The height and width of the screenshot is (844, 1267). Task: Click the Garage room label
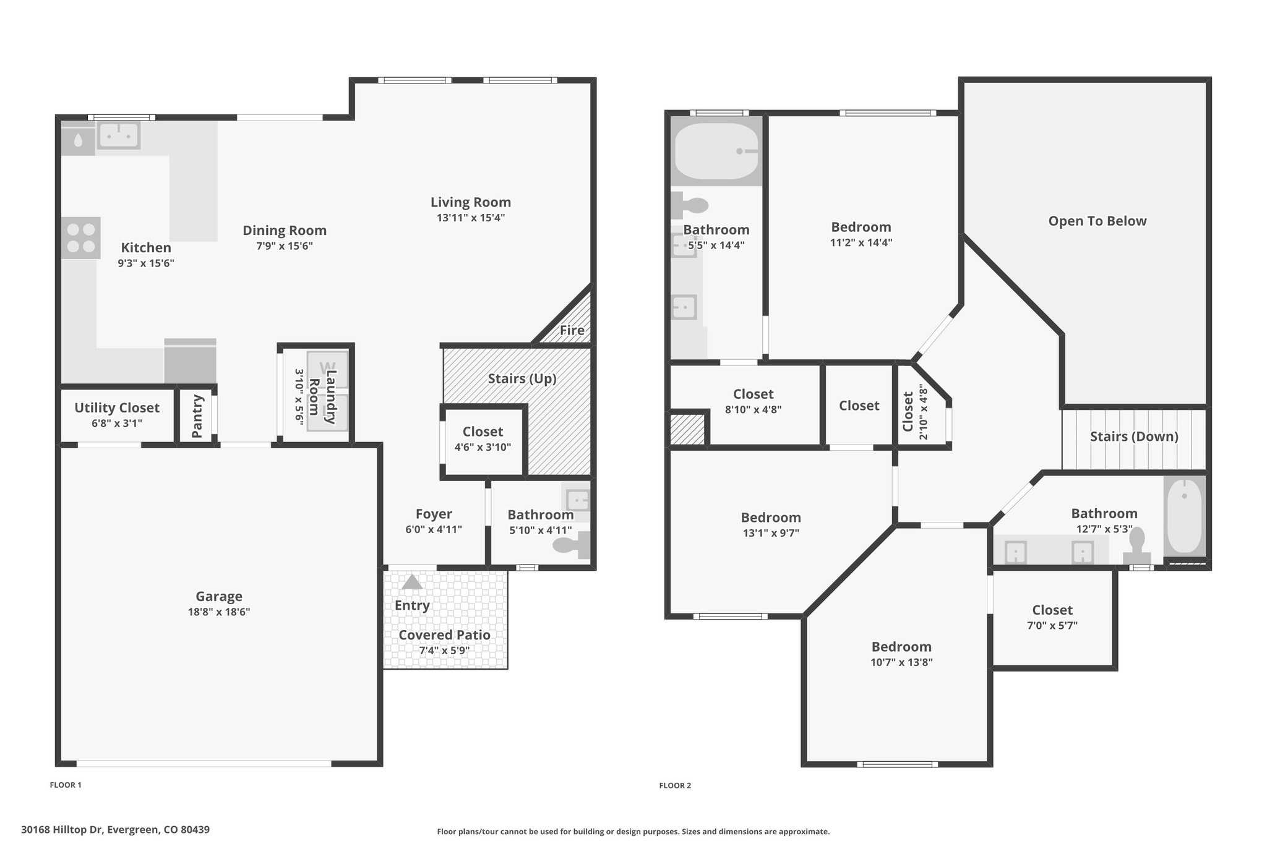coord(219,596)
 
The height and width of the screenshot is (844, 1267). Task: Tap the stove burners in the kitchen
coord(81,238)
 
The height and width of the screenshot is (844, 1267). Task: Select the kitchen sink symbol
coord(119,134)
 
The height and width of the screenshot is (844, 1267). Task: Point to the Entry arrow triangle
coord(412,582)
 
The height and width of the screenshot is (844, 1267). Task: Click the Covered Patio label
coord(444,635)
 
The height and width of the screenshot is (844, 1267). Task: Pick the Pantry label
coord(197,417)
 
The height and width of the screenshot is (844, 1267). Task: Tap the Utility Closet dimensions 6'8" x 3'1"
coord(117,424)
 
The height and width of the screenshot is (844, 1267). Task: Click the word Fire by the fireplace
coord(572,330)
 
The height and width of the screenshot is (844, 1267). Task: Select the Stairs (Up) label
coord(522,378)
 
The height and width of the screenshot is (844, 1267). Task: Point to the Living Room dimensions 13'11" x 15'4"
coord(471,218)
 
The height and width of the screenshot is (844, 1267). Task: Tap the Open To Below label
coord(1097,221)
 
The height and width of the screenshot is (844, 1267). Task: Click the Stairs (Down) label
coord(1134,437)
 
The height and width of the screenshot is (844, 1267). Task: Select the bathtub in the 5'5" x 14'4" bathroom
coord(716,151)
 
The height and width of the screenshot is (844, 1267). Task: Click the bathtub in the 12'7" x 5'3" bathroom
coord(1184,516)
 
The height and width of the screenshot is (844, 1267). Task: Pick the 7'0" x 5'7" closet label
coord(1052,610)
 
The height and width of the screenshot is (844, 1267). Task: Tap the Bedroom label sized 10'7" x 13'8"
coord(901,647)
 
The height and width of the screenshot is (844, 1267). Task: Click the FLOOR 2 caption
coord(675,785)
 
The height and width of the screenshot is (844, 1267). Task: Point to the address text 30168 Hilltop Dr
coord(62,829)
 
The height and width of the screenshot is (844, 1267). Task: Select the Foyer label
coord(434,514)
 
